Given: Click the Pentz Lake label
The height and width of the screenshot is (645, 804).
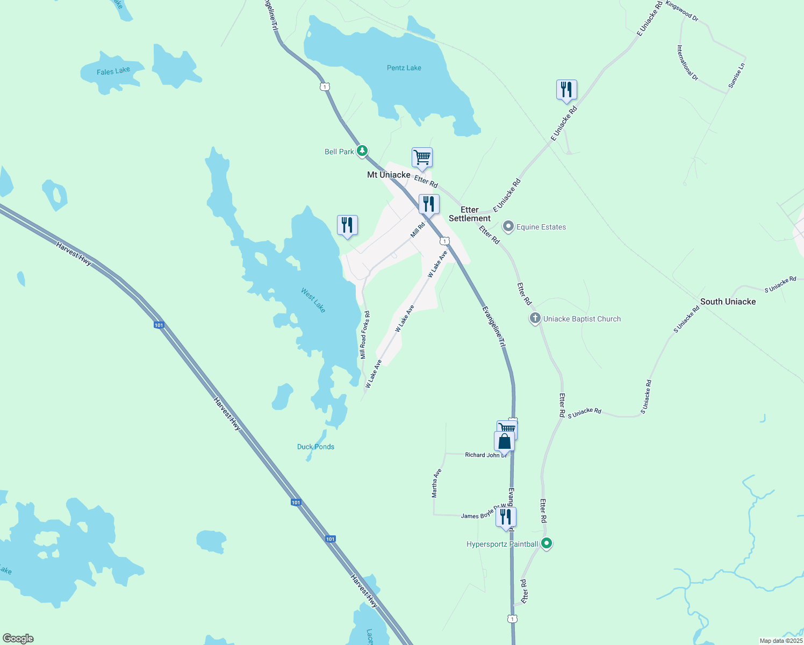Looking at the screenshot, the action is pos(404,68).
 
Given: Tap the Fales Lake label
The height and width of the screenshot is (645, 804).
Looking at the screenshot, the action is pos(113,71).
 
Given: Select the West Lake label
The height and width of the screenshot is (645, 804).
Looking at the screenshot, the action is pos(313,300).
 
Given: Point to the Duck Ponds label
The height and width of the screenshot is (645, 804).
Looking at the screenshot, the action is pos(315,447).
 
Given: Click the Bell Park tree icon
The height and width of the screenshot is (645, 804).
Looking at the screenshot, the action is pos(363,150).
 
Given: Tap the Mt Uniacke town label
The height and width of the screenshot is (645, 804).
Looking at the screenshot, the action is pos(389,175).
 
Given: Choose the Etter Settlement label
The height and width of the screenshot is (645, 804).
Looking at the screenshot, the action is pos(470,214).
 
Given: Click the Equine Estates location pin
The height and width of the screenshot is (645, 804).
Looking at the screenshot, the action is pos(508,227).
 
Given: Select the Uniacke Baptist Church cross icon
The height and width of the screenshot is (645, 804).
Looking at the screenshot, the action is pos(535,319).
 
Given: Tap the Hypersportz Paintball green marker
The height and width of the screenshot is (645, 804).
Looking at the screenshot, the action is pos(547,543).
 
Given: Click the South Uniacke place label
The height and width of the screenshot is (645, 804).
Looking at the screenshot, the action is pos(728,302).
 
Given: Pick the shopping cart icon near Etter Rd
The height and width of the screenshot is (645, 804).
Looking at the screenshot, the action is pos(422,157).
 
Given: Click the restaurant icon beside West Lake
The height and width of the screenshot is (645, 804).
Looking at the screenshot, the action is pos(347,225).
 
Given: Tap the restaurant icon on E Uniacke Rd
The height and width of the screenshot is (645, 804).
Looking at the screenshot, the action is pos(566,90).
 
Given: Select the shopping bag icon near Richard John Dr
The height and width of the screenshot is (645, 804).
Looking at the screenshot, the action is pos(504,441).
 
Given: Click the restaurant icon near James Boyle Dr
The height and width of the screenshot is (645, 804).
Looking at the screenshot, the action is pos(506,517).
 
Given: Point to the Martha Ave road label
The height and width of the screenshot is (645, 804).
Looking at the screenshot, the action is pos(437,483).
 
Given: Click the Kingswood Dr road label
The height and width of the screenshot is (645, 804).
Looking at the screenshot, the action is pos(682,11).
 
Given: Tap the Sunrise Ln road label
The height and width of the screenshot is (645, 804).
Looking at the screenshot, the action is pos(737,76).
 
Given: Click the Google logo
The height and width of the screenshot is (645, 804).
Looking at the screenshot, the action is pos(18,639).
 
